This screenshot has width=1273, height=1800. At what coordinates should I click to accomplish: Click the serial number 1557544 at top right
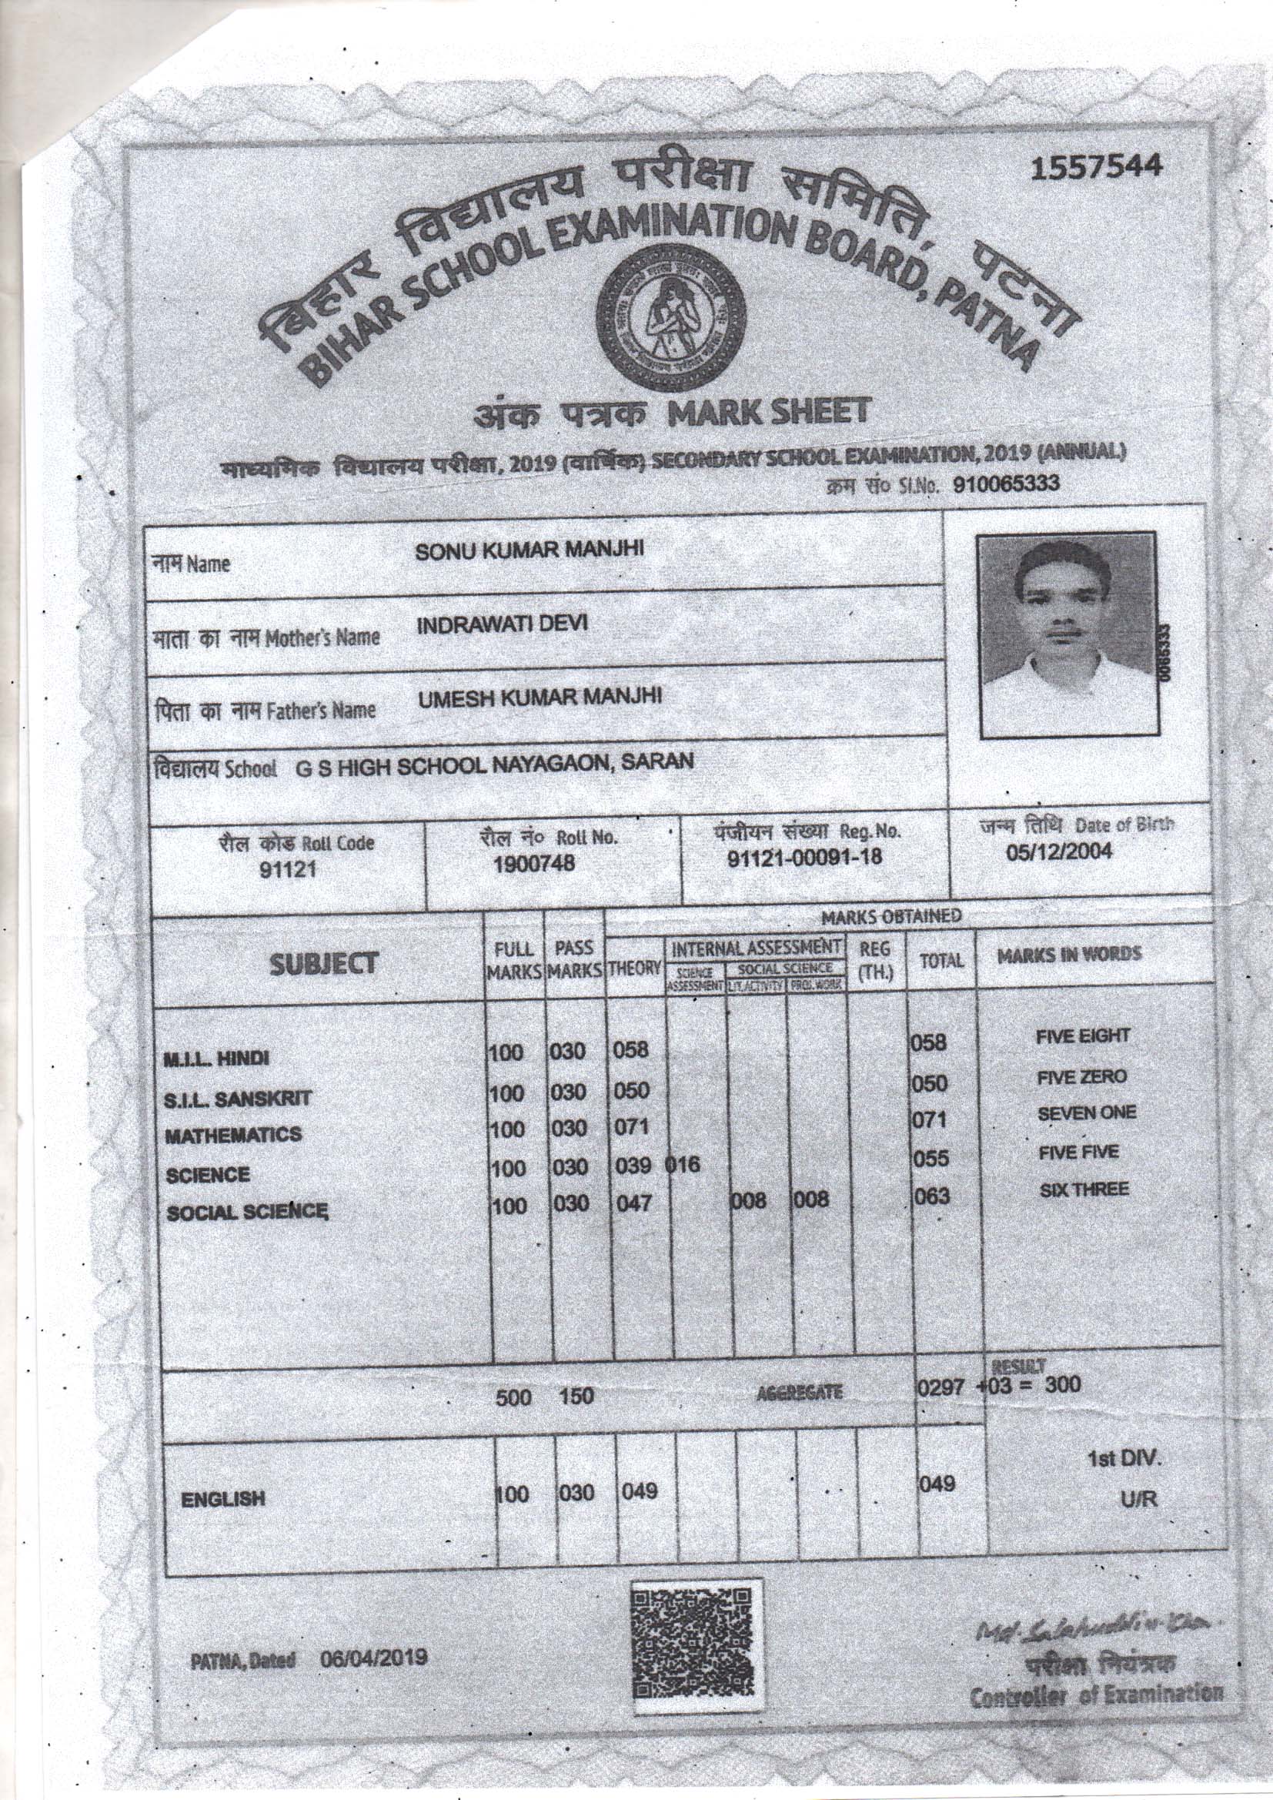pos(1097,168)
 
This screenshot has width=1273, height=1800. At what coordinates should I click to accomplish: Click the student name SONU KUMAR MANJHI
pos(529,550)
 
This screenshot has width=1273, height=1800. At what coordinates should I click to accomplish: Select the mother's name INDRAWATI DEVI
pos(502,624)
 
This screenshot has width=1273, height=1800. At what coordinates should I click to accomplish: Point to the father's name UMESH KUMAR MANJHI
pos(540,696)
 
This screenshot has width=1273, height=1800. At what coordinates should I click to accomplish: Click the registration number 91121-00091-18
pos(805,857)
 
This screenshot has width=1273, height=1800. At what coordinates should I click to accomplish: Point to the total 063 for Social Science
pos(931,1196)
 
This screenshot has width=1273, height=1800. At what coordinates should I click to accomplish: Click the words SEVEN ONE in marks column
pos(1087,1113)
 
